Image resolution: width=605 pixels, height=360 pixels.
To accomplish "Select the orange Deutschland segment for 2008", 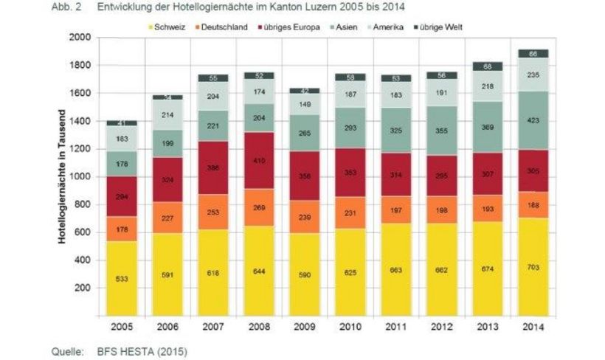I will point(259,209).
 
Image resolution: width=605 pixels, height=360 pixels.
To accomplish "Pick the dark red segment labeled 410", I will point(259,160).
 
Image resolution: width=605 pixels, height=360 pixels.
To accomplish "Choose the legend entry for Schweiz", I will point(169,27).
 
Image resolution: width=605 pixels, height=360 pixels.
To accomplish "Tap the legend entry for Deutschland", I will point(222,27).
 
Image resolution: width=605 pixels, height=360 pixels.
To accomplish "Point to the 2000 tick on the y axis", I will point(80,37).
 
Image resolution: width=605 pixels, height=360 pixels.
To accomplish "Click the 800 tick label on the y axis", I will point(83,204).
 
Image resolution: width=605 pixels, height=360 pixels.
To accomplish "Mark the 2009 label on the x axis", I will point(304,325).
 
